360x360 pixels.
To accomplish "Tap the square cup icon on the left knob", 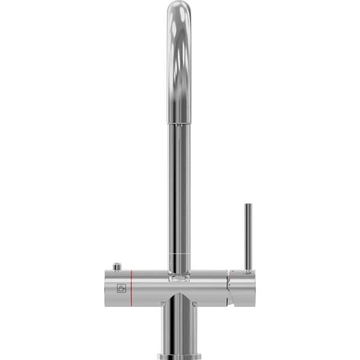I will [121, 288].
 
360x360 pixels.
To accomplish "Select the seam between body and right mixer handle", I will [227, 287].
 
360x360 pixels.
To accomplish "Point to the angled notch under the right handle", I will [231, 299].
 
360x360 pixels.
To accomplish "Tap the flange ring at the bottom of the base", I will [179, 356].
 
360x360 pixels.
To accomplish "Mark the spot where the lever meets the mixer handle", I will [248, 271].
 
